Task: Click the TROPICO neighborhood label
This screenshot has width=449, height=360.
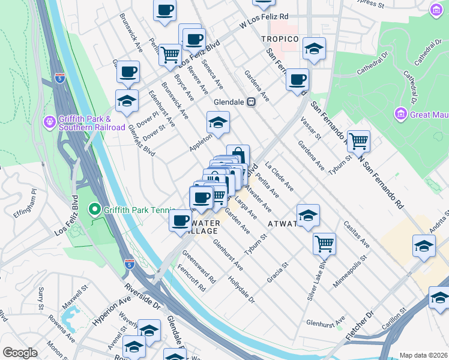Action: pyautogui.click(x=280, y=39)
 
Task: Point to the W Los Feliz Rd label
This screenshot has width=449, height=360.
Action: pyautogui.click(x=264, y=21)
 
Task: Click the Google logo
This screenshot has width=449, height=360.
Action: pyautogui.click(x=20, y=353)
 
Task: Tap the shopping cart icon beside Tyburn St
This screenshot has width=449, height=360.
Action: pyautogui.click(x=358, y=141)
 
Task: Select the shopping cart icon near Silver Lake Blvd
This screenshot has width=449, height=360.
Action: pyautogui.click(x=324, y=243)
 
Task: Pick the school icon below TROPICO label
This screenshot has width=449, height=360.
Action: pyautogui.click(x=313, y=50)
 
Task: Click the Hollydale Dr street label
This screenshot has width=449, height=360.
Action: pyautogui.click(x=242, y=289)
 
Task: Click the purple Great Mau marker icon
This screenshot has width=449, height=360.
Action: pyautogui.click(x=400, y=113)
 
